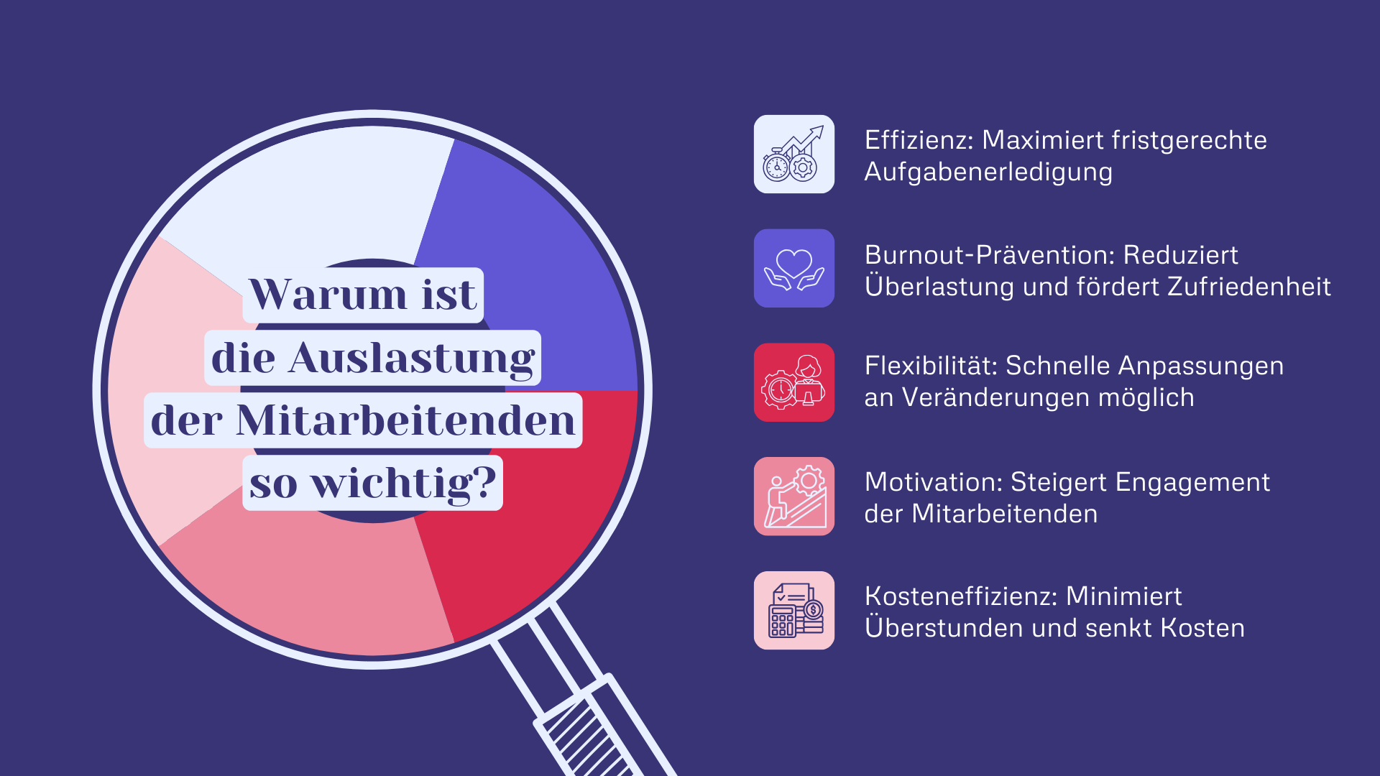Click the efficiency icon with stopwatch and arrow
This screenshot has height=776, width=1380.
(793, 154)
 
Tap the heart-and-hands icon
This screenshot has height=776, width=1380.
(793, 268)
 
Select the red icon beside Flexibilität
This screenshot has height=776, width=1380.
(793, 382)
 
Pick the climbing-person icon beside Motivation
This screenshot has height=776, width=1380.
(793, 496)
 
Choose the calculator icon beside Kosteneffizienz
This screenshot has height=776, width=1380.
(793, 611)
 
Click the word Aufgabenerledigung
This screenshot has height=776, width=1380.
(988, 172)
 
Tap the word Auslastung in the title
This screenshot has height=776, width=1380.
(412, 359)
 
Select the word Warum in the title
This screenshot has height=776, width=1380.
(328, 295)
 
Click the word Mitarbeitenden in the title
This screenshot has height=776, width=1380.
(406, 421)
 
